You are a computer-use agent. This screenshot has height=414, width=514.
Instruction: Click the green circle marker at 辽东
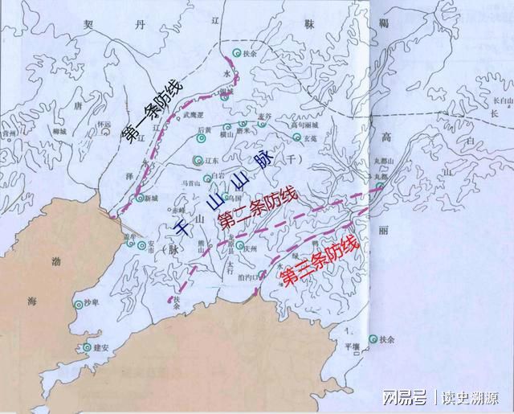[198, 161]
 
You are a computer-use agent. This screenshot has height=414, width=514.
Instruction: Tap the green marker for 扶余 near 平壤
[372, 340]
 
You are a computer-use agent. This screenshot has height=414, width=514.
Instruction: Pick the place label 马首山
[194, 184]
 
